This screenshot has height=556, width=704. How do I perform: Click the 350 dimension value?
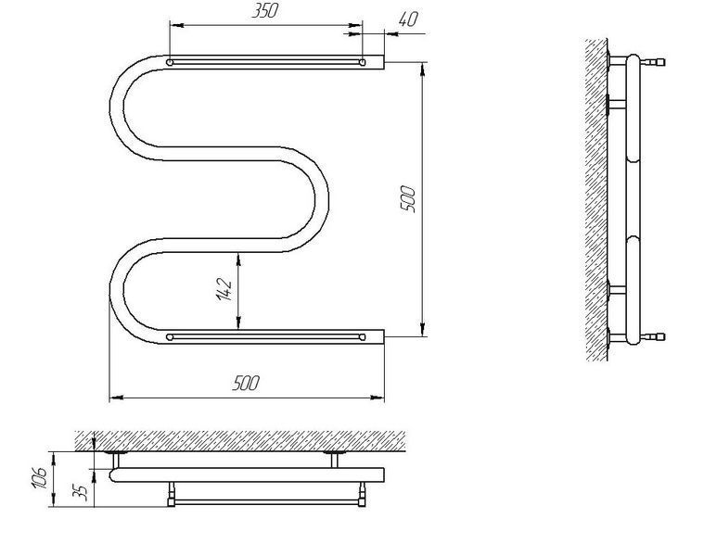click(264, 11)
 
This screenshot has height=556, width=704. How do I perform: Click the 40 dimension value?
click(408, 19)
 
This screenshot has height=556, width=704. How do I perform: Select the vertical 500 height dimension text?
click(408, 199)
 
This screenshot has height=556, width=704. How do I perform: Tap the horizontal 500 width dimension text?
click(246, 384)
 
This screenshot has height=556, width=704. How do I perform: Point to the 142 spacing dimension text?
click(224, 289)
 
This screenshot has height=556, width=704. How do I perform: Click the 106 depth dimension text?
click(39, 478)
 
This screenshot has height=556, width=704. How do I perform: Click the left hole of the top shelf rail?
click(170, 62)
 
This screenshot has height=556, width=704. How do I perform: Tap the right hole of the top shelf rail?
click(363, 62)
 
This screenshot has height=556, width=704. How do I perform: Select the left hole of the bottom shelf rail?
click(170, 336)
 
